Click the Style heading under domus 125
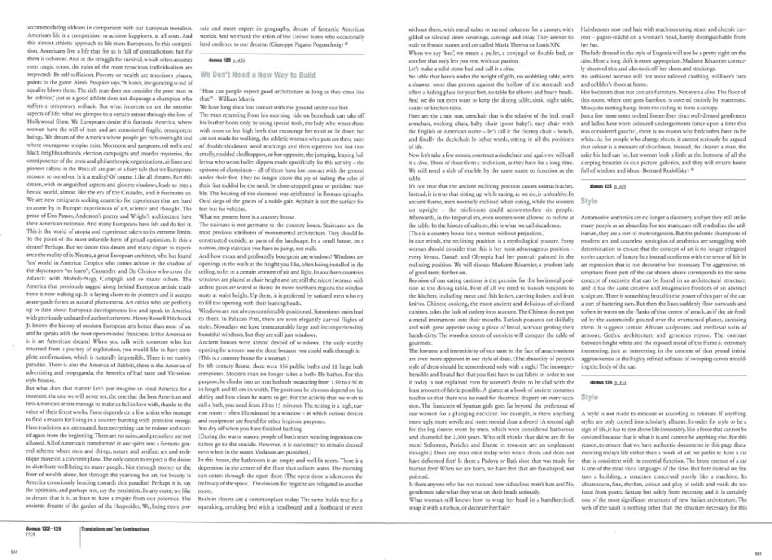[x=590, y=203]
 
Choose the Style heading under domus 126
[x=590, y=396]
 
